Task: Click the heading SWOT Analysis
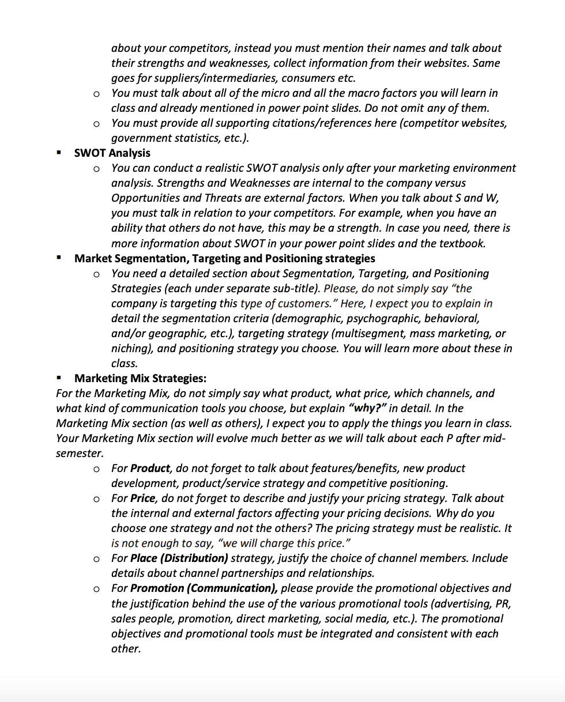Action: [x=112, y=153]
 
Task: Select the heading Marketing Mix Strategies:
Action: [x=140, y=378]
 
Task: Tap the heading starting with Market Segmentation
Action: [x=224, y=258]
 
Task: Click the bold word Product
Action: [x=150, y=468]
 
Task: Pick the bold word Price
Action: [x=143, y=498]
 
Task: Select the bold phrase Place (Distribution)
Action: [x=179, y=558]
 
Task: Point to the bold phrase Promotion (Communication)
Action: [x=204, y=588]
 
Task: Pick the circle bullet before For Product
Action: [x=96, y=469]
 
